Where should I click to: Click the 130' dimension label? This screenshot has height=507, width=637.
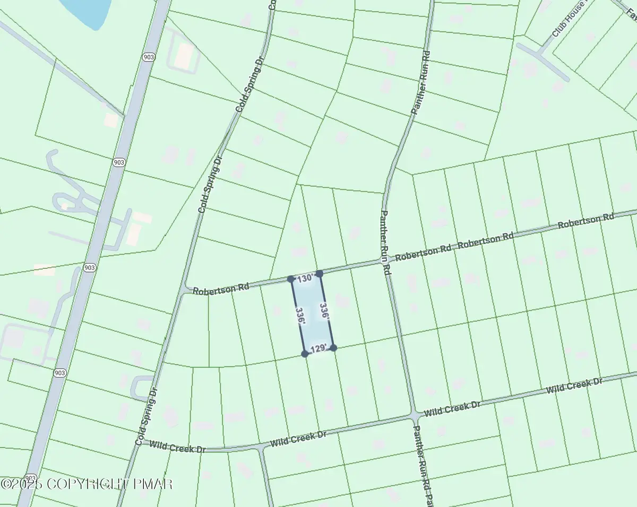pyautogui.click(x=305, y=278)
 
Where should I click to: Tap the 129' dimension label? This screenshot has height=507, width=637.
pyautogui.click(x=318, y=349)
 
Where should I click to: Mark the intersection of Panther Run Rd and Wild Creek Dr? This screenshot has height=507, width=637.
pyautogui.click(x=414, y=415)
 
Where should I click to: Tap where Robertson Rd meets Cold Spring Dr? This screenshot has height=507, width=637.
pyautogui.click(x=186, y=290)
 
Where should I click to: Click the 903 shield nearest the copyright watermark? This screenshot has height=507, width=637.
pyautogui.click(x=31, y=478)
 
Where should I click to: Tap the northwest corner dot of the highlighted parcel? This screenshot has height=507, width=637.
pyautogui.click(x=291, y=279)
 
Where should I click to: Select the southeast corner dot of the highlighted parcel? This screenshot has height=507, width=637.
pyautogui.click(x=333, y=348)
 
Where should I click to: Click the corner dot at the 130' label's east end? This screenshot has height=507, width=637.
pyautogui.click(x=320, y=274)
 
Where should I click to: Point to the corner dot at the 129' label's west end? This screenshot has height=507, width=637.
pyautogui.click(x=305, y=354)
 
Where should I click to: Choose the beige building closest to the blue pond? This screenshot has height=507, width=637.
pyautogui.click(x=184, y=55)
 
